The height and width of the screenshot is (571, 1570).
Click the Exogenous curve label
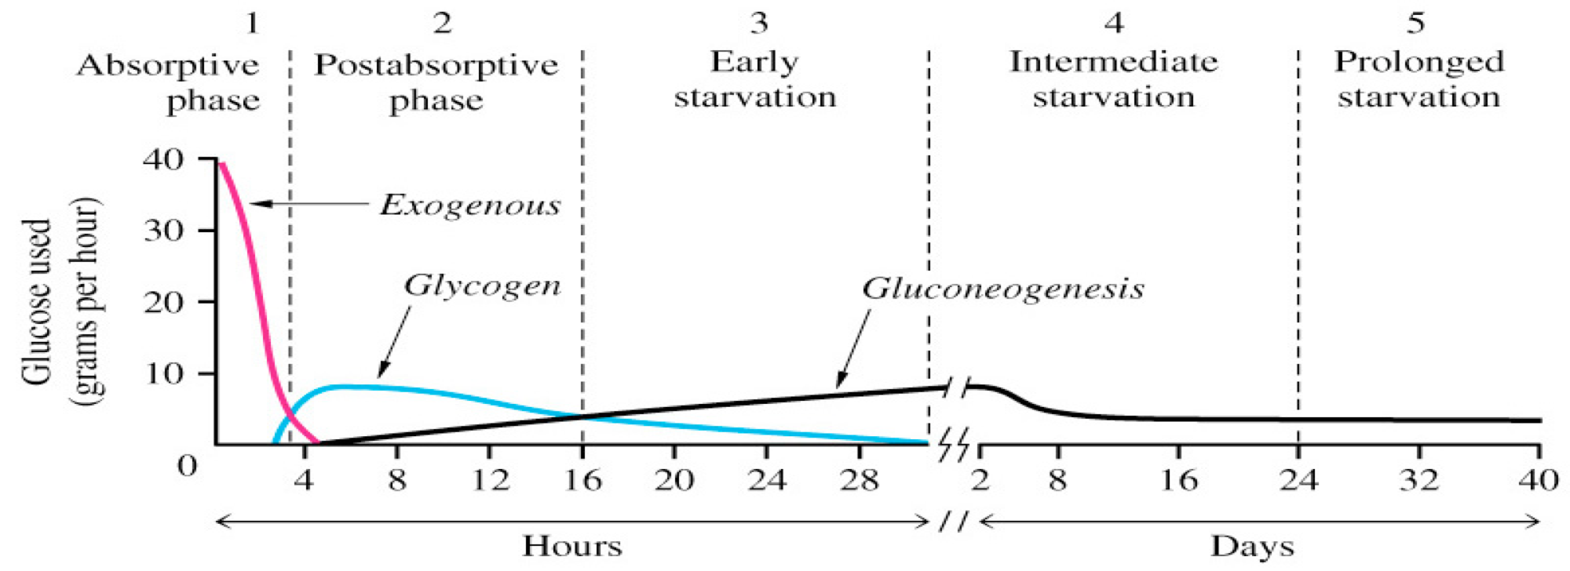(470, 205)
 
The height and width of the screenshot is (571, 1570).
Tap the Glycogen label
(482, 285)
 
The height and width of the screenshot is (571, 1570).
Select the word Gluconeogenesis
(1002, 289)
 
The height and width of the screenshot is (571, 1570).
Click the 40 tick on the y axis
(163, 159)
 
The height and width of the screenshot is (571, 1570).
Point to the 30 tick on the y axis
(163, 231)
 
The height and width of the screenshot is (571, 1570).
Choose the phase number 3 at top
(758, 23)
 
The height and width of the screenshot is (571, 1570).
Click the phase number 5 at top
(1415, 23)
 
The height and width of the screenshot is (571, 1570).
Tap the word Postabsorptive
(436, 64)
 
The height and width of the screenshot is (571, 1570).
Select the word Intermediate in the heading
(1113, 61)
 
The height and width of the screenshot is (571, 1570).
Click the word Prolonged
(1419, 61)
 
